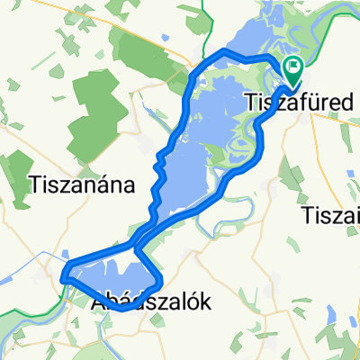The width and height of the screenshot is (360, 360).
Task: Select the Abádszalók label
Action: [x=152, y=303]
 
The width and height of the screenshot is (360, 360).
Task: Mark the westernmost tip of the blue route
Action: [x=65, y=279]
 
